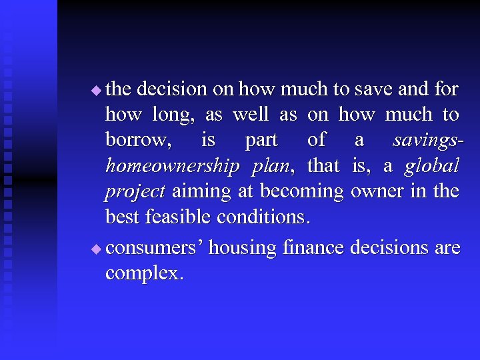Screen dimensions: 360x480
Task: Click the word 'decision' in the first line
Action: point(171,89)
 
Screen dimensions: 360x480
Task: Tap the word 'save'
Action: point(373,89)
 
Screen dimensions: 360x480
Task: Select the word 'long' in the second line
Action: point(174,115)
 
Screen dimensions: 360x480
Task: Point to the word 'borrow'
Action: point(137,141)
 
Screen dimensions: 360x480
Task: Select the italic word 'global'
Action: point(431,166)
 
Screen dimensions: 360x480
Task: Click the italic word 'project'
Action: point(135,192)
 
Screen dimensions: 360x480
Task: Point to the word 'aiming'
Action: point(203,192)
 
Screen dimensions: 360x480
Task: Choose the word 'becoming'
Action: point(302,192)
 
